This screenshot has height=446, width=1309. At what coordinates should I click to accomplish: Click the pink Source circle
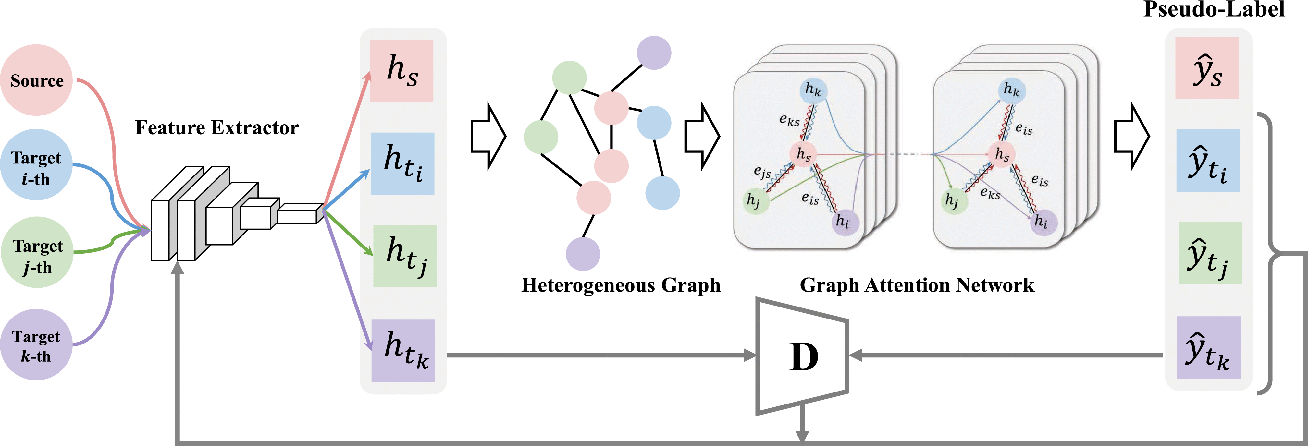click(37, 80)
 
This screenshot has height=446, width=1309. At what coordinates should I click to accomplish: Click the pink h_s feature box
click(401, 71)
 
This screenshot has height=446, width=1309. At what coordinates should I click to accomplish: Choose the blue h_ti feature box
click(402, 163)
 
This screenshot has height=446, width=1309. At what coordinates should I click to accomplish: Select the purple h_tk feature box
click(403, 351)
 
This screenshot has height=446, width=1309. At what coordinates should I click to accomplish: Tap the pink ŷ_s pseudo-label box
click(1207, 67)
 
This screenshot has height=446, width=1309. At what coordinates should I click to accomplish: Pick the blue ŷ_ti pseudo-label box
click(1208, 161)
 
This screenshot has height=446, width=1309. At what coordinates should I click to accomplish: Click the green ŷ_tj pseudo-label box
click(1210, 253)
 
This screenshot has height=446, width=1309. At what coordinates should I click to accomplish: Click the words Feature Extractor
click(217, 127)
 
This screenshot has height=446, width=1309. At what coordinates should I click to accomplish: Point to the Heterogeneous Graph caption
click(621, 285)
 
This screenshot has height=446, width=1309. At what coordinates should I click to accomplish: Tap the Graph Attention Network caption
click(917, 285)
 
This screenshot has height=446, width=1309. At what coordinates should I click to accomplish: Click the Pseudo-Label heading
click(1214, 9)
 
